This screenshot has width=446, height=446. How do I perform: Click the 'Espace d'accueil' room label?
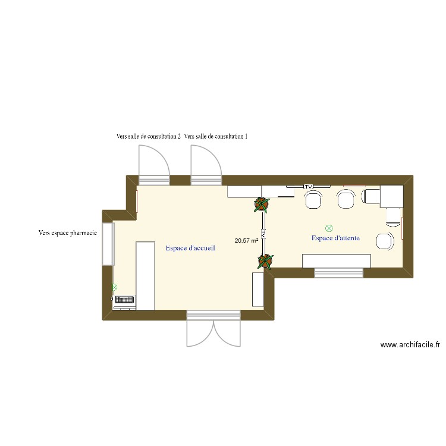(190, 248)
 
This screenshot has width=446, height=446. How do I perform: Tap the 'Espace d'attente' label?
(335, 238)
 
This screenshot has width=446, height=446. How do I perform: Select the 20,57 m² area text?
(246, 241)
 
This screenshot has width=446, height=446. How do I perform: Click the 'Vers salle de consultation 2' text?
(148, 136)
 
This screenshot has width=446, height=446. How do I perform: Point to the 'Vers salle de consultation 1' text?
(216, 136)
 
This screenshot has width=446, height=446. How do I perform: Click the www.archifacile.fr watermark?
(410, 345)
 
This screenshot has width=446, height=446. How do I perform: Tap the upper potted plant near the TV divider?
(261, 205)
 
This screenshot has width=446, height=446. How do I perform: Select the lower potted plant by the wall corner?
(265, 260)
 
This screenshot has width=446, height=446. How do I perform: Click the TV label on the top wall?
(308, 187)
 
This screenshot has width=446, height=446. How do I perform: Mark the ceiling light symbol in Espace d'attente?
(329, 228)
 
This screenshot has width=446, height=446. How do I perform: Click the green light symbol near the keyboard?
(114, 287)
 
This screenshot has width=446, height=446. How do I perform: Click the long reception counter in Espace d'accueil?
(146, 275)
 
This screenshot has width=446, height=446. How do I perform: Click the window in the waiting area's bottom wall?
(338, 273)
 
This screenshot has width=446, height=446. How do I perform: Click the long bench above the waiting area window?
(337, 260)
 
